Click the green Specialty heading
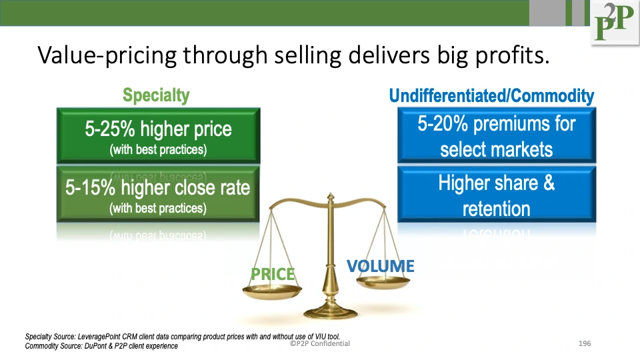click(156, 95)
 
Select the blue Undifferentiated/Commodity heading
click(491, 97)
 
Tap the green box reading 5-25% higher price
click(158, 136)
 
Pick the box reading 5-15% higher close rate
click(158, 195)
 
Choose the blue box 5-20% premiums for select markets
click(497, 135)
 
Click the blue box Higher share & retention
click(497, 195)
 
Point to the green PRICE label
click(272, 274)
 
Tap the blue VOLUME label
click(380, 267)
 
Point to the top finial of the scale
click(329, 197)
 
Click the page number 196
click(585, 343)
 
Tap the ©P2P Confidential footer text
click(320, 343)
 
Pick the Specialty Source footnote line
click(187, 337)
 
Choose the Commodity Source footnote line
click(101, 346)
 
